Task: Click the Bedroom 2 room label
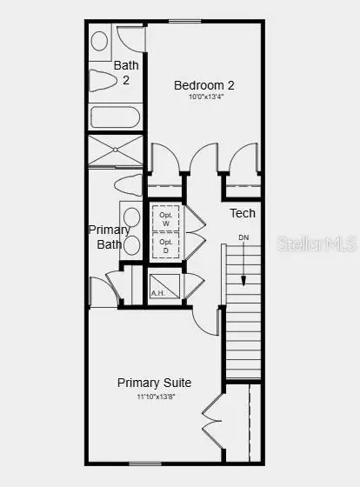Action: [204, 85]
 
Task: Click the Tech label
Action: [243, 213]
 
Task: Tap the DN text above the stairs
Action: [243, 238]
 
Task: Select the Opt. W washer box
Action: [165, 217]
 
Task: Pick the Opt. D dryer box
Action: [165, 246]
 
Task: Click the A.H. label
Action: [157, 293]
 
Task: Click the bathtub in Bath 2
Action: [115, 117]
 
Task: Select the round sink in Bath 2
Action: [100, 41]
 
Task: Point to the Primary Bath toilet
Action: [127, 185]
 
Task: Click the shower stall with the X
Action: [115, 150]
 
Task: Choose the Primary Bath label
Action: [110, 237]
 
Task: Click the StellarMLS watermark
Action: [317, 245]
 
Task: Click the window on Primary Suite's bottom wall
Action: [143, 463]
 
